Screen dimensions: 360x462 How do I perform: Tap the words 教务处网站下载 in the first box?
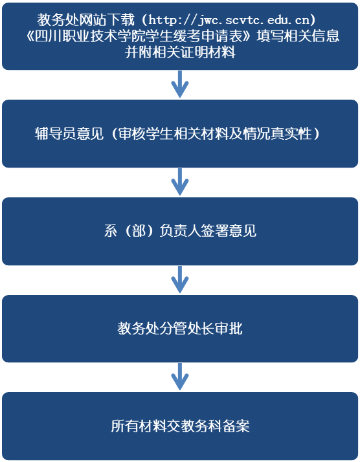pyautogui.click(x=85, y=20)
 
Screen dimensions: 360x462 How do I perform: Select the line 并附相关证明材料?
pyautogui.click(x=180, y=52)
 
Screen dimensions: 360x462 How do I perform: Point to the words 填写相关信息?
pyautogui.click(x=298, y=36)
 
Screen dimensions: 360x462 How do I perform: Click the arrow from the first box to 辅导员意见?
pyautogui.click(x=180, y=84)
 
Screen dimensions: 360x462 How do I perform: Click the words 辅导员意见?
pyautogui.click(x=69, y=133)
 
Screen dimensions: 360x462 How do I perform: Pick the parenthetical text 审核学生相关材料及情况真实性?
pyautogui.click(x=215, y=133)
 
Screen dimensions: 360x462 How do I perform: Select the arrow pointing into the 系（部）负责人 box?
pyautogui.click(x=180, y=182)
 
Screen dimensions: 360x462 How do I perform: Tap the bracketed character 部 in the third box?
pyautogui.click(x=139, y=231)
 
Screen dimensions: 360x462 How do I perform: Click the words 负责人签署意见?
pyautogui.click(x=208, y=231)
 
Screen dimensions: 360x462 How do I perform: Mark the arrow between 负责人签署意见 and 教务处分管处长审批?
pyautogui.click(x=180, y=280)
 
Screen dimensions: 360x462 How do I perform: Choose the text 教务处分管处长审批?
pyautogui.click(x=180, y=328)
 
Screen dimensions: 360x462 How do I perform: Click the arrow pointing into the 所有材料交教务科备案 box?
pyautogui.click(x=180, y=377)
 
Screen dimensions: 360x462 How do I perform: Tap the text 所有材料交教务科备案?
pyautogui.click(x=180, y=426)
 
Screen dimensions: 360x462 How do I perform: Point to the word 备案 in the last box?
pyautogui.click(x=236, y=426)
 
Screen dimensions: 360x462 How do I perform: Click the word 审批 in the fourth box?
pyautogui.click(x=229, y=328)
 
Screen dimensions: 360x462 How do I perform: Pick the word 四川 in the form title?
pyautogui.click(x=48, y=36)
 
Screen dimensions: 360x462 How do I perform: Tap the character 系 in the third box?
pyautogui.click(x=111, y=231)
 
